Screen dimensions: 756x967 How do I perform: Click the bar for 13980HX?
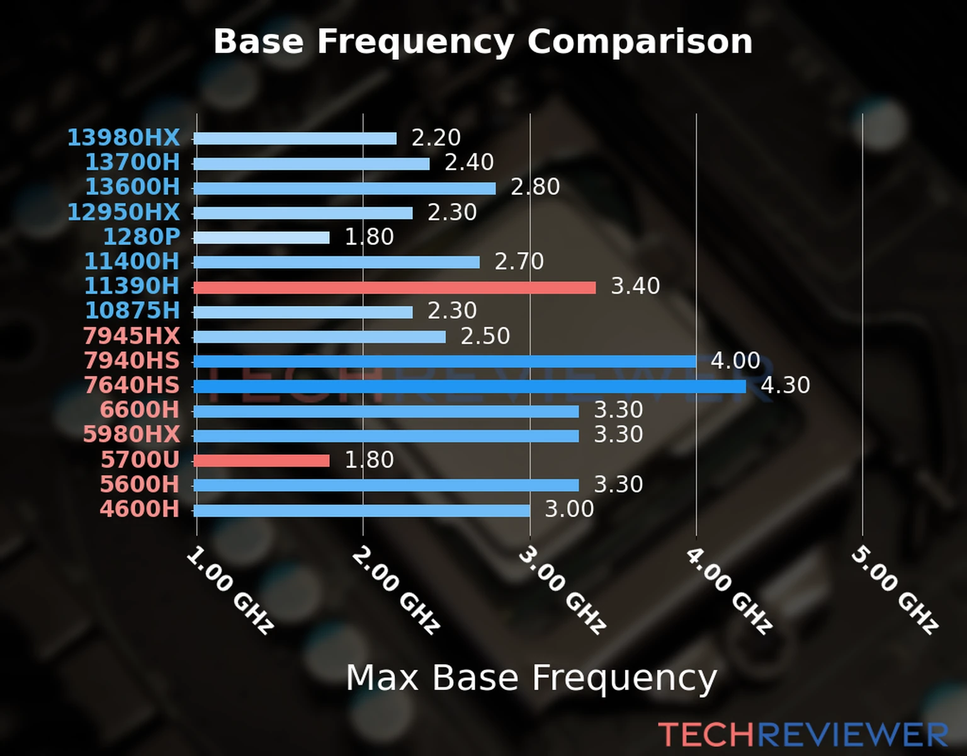295,139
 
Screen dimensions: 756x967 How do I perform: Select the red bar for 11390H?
394,288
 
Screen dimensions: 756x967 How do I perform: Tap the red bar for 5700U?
261,461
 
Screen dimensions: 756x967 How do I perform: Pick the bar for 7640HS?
469,386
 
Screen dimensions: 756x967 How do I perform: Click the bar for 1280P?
261,238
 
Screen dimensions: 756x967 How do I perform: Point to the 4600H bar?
361,510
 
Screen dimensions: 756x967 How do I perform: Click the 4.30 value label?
785,385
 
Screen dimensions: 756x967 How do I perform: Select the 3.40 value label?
635,286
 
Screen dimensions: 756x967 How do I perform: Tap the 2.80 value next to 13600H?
534,187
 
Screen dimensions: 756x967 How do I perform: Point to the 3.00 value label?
568,509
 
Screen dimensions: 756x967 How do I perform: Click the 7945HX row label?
132,336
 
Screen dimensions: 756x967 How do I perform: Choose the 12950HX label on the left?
123,212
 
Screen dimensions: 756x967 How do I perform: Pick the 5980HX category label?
132,435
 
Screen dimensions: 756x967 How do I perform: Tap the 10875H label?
132,311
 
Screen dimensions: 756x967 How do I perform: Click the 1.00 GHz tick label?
230,590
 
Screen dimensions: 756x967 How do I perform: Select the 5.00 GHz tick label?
895,590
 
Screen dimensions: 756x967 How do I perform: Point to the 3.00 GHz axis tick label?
563,590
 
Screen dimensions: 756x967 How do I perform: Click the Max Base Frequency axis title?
531,678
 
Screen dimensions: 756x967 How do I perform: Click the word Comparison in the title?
640,42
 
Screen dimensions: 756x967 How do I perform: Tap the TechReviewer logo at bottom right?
803,735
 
